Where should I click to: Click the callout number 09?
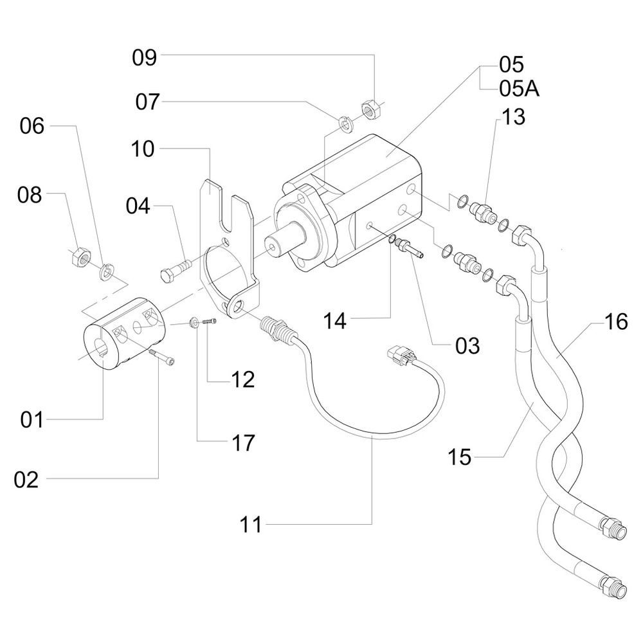[144, 58]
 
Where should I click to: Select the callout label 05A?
[519, 88]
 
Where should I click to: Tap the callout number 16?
[616, 321]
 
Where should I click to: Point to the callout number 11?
[251, 524]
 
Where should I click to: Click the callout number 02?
[26, 479]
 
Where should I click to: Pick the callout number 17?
[243, 443]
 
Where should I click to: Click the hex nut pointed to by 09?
[371, 109]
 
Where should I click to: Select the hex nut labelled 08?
[79, 258]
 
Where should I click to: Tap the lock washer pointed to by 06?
[106, 272]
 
